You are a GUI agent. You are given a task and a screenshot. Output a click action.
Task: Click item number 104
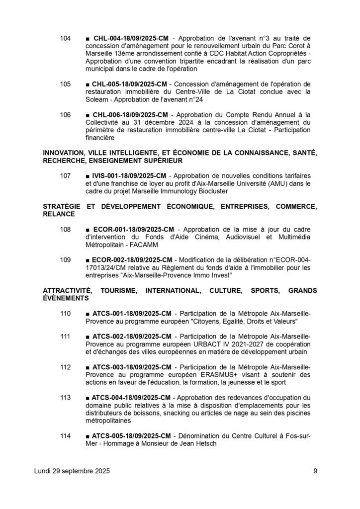click(66, 38)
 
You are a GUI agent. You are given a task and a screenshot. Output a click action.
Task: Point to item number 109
click(66, 260)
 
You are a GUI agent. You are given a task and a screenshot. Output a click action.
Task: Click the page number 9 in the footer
click(315, 471)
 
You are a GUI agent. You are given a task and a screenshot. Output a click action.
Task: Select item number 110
click(66, 314)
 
